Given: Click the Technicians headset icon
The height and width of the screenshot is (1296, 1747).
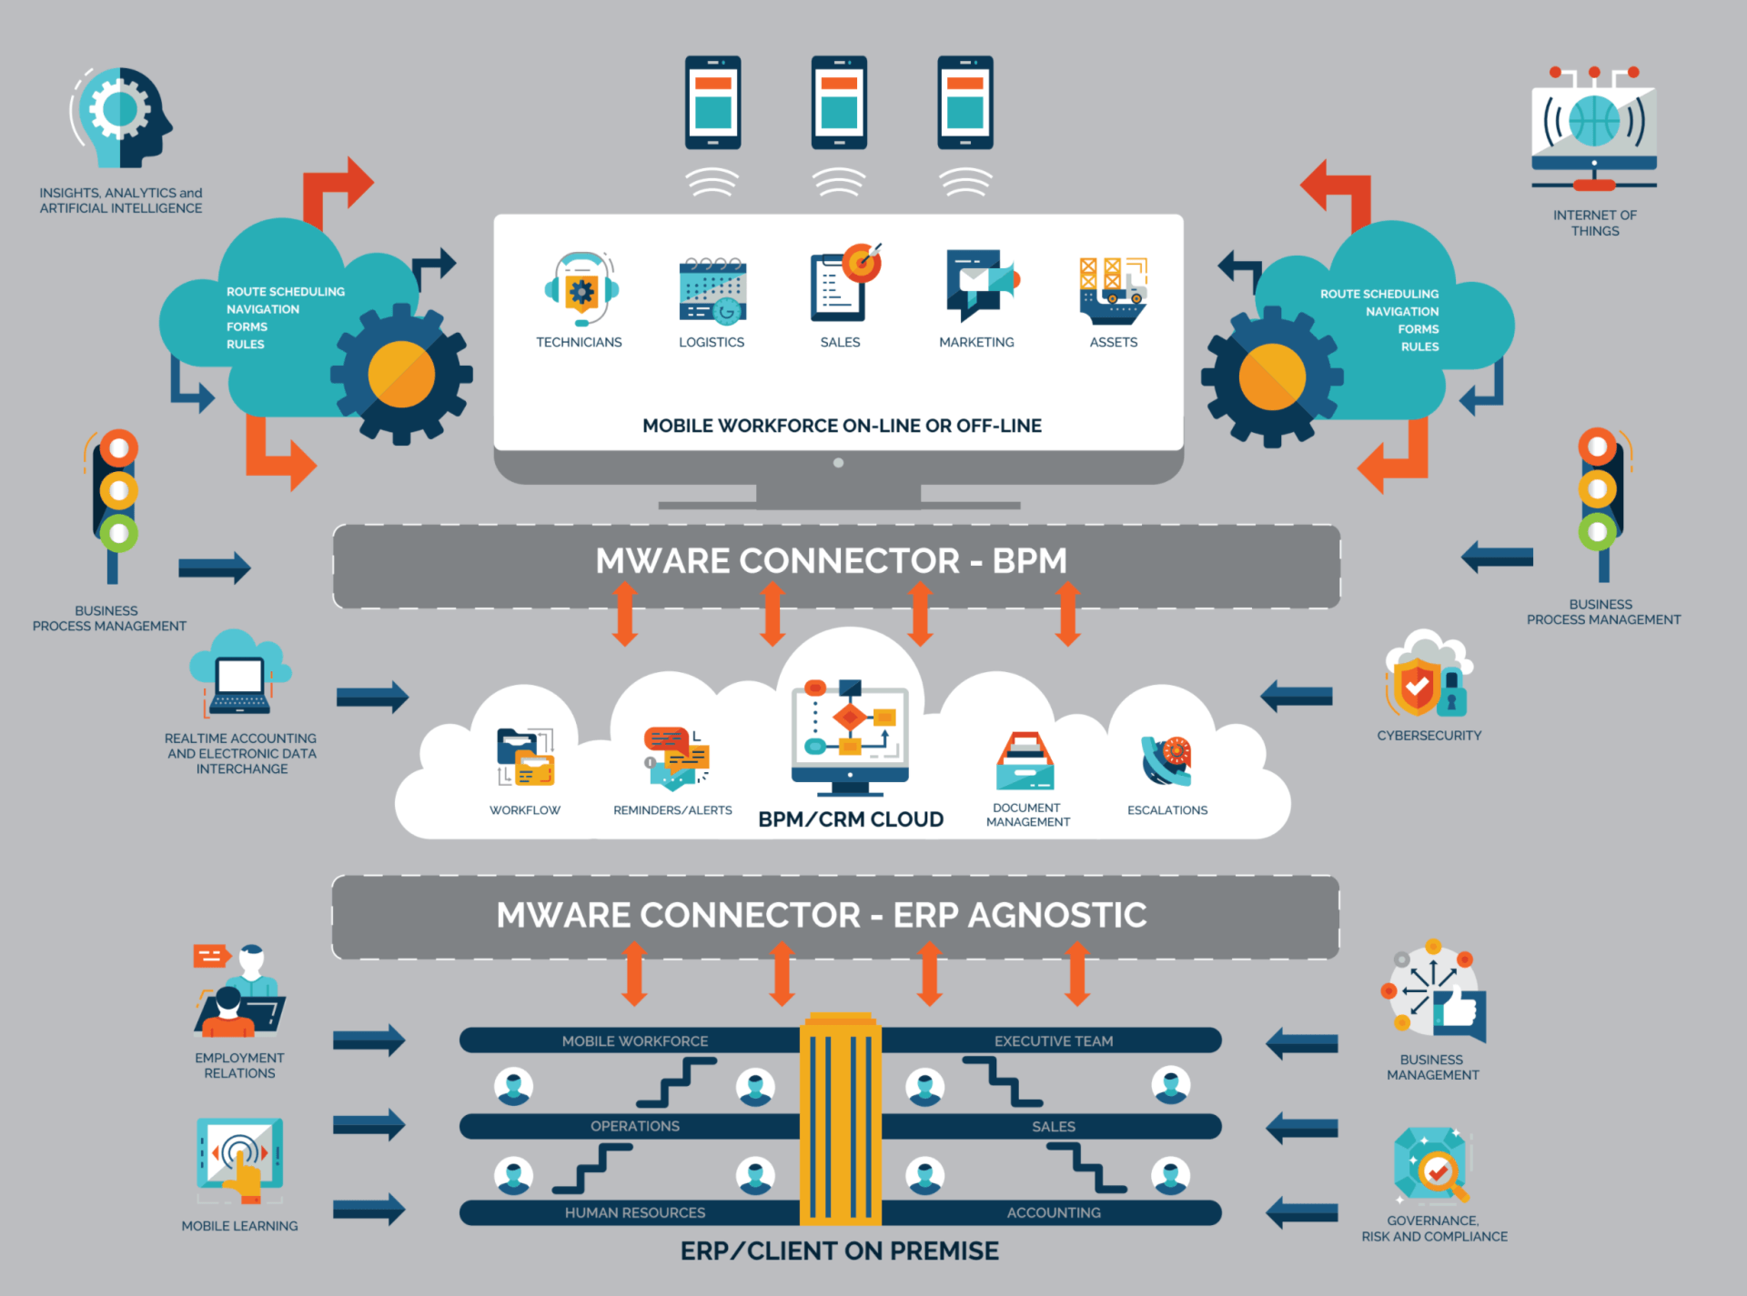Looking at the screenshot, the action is pos(581,288).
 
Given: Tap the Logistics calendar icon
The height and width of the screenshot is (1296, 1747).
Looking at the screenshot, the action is pos(712,290).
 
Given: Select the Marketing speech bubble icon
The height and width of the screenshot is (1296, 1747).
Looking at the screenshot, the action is pos(981,285).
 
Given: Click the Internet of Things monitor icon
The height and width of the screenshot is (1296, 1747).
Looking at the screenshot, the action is pos(1594,128).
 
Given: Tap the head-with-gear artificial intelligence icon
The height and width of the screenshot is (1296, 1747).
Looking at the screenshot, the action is pos(122,117).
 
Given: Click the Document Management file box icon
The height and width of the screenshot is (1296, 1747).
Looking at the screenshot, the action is pos(1025,760).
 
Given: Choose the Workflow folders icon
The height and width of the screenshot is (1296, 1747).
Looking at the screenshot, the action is pos(526,757).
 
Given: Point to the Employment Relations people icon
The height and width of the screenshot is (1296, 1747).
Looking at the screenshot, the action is pos(239,990).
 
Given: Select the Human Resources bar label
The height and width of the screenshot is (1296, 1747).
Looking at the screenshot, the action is pos(635,1212).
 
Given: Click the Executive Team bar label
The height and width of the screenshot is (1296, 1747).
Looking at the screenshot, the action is pos(1054,1040).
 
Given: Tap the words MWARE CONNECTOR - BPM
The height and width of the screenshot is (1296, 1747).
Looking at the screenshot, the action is pos(831,560).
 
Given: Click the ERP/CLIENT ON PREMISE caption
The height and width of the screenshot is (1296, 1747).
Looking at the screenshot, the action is pos(840,1251).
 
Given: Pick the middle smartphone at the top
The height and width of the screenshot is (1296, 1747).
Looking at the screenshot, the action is pos(839,103).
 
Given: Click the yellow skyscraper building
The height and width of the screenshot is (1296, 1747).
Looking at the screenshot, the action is pos(841,1118).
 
